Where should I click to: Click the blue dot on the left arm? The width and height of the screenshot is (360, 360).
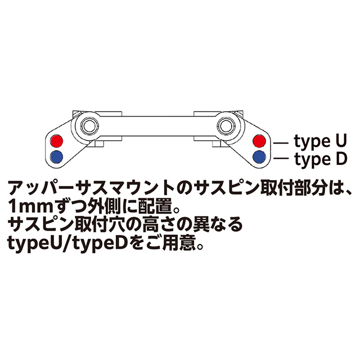pyautogui.click(x=57, y=156)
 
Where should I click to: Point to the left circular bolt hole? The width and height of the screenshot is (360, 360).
pyautogui.click(x=88, y=124)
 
